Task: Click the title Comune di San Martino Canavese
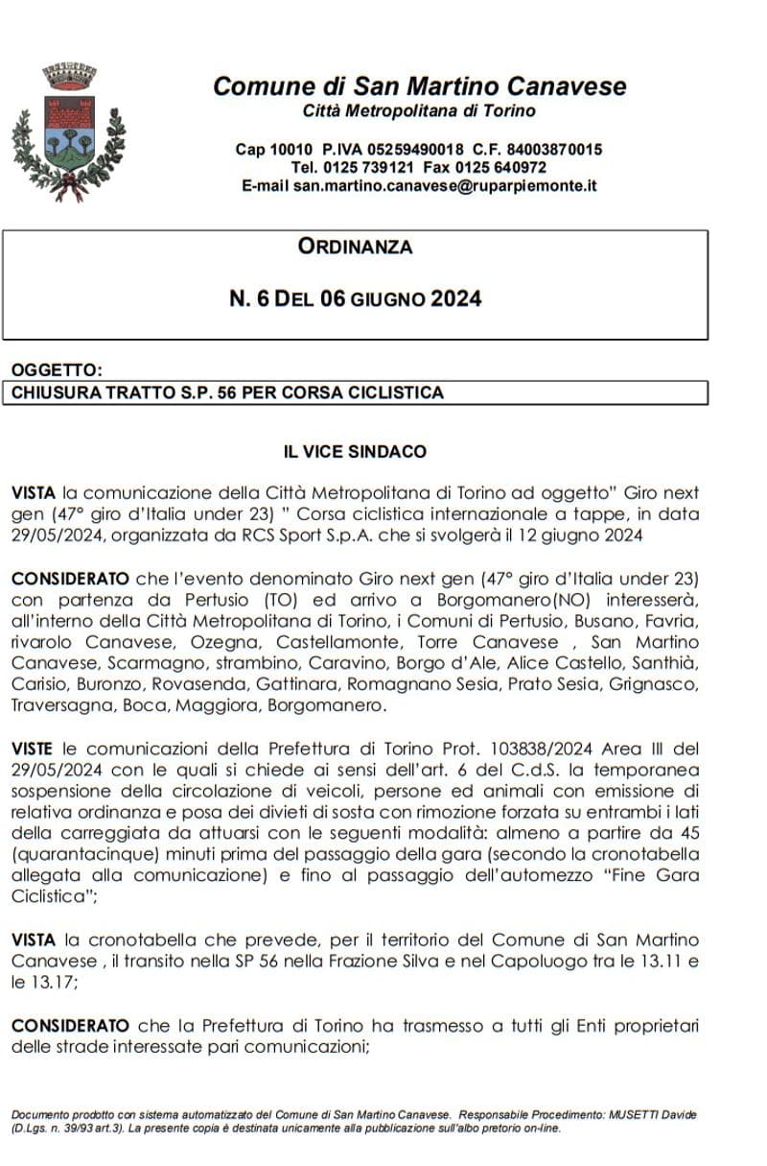click(419, 86)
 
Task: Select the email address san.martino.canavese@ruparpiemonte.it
click(445, 186)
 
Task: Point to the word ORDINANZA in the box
click(355, 247)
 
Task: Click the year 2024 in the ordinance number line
click(455, 298)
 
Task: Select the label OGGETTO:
click(55, 370)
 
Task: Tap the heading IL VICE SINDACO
click(355, 451)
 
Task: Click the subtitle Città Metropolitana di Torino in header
click(419, 111)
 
